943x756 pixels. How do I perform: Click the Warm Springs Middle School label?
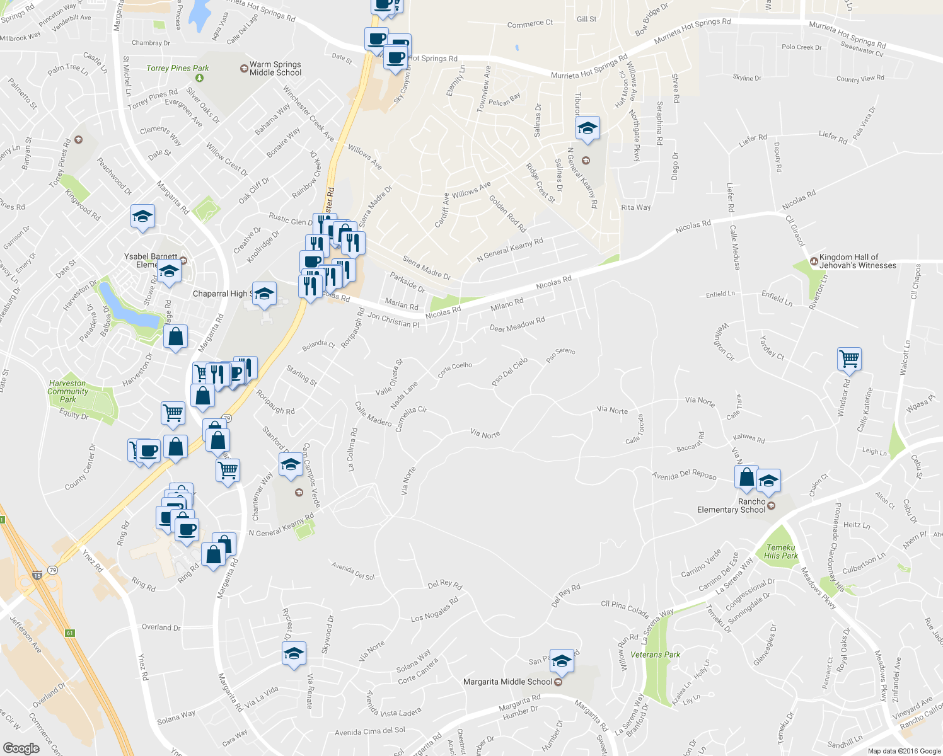click(x=275, y=69)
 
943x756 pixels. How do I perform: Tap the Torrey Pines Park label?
click(x=177, y=68)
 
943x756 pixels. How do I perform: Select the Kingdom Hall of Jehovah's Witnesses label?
click(x=857, y=261)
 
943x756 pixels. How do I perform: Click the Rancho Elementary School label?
click(x=731, y=506)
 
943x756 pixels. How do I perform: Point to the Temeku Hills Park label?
click(x=781, y=552)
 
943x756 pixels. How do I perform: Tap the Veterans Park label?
click(x=655, y=655)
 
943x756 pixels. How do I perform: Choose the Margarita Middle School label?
click(x=507, y=682)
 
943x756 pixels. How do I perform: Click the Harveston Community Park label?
click(x=67, y=391)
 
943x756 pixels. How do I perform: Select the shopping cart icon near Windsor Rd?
click(x=849, y=359)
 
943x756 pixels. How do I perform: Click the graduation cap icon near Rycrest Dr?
click(x=294, y=654)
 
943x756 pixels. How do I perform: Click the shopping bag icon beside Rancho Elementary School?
click(x=746, y=477)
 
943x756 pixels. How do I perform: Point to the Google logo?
click(x=21, y=748)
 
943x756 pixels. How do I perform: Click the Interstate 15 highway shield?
click(x=37, y=575)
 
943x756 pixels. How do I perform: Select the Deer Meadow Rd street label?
click(x=517, y=324)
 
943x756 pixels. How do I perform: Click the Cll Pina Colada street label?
click(x=625, y=608)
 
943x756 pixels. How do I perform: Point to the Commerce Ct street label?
click(x=529, y=23)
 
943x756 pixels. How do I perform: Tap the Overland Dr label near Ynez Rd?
click(x=161, y=627)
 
